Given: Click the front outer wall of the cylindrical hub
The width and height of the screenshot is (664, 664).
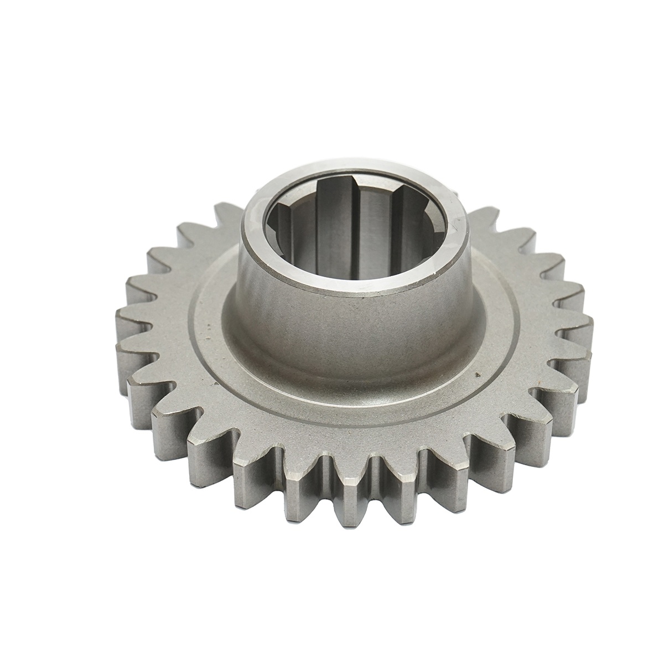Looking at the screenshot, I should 354,326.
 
